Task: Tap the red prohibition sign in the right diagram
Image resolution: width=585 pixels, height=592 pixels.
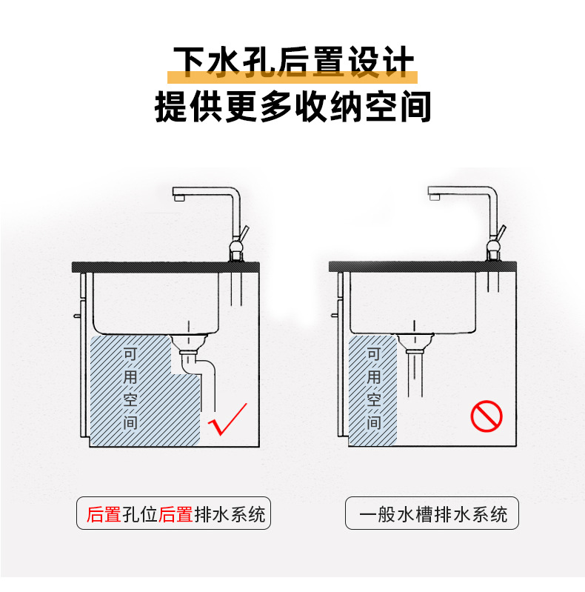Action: (487, 416)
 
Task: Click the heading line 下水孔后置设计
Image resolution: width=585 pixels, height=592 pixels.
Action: (292, 64)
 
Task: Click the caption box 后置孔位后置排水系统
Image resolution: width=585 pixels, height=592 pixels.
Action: (174, 513)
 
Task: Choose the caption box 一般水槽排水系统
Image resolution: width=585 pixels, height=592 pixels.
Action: (432, 513)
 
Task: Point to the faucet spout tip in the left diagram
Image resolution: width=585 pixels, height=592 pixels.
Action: (178, 198)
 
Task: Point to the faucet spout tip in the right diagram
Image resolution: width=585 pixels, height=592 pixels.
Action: (434, 197)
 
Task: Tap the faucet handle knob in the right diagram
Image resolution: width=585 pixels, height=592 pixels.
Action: (493, 242)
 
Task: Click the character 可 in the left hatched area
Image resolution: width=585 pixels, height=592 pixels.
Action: (131, 353)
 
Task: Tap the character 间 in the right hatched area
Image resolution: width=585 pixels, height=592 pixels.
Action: (373, 423)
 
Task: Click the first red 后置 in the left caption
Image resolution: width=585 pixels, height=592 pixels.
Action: (104, 513)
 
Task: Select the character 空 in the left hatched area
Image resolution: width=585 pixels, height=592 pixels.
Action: (131, 400)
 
